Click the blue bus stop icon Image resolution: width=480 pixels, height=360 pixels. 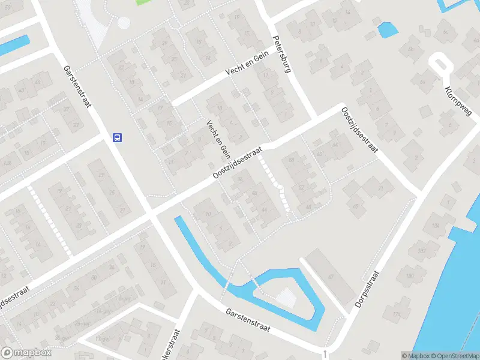pos(117,137)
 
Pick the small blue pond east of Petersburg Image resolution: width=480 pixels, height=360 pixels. pos(387,29)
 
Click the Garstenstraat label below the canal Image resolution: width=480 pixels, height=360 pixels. pos(248,321)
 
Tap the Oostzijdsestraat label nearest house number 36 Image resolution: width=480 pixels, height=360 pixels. pos(238,163)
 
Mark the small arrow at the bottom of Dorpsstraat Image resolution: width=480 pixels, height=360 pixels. pos(325,354)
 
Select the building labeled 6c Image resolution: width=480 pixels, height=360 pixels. pos(445,31)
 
